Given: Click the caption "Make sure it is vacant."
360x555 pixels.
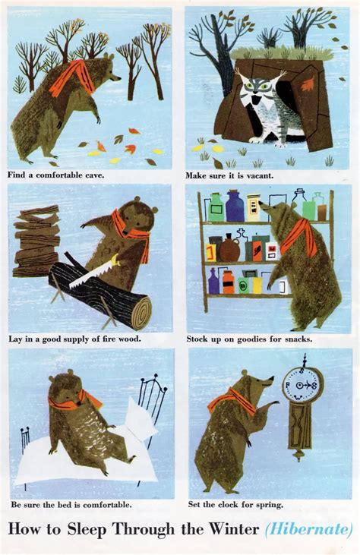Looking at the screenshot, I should click(229, 175).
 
